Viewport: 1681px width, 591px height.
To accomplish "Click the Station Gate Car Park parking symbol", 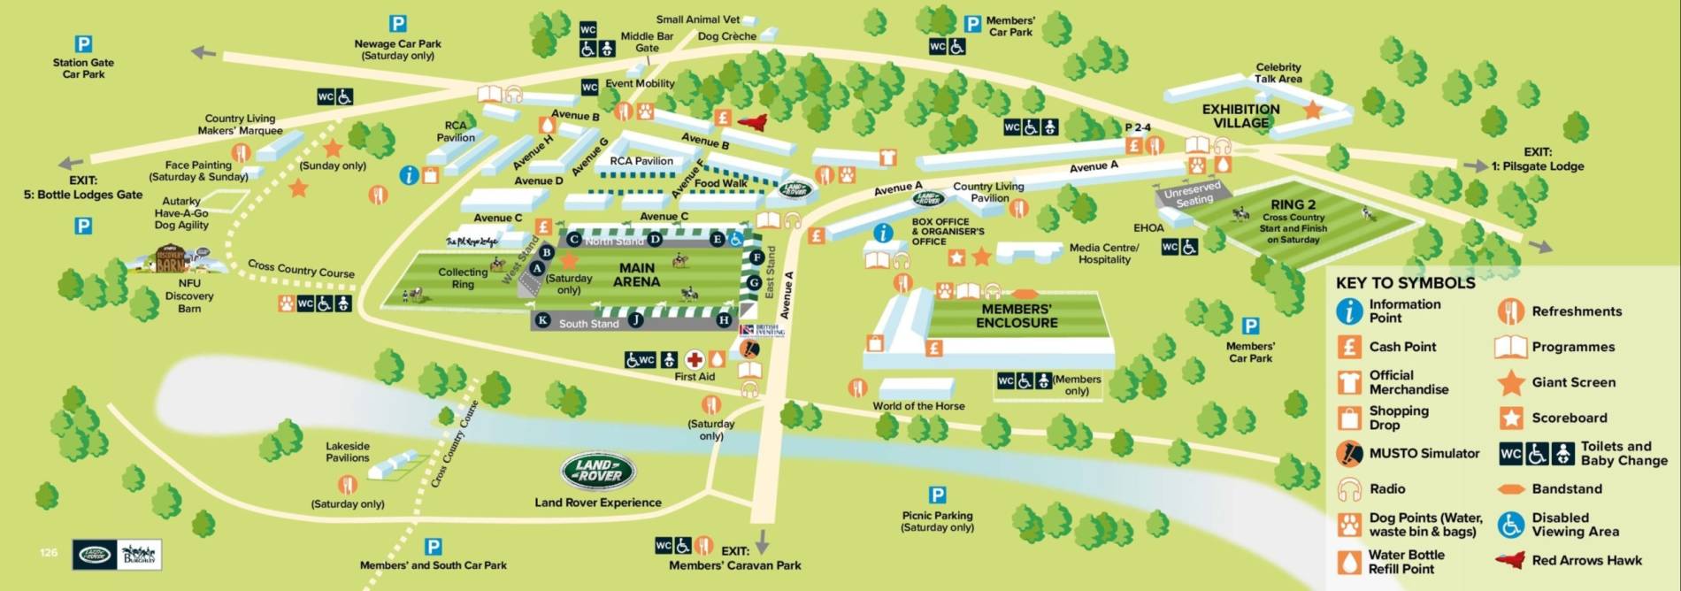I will click(x=83, y=43).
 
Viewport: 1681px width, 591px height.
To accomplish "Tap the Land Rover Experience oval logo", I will click(x=598, y=472).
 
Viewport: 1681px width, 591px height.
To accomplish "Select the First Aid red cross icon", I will click(x=695, y=359).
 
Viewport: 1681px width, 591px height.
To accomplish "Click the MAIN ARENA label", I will click(x=636, y=274).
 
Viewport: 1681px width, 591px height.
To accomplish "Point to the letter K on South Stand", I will click(x=543, y=320).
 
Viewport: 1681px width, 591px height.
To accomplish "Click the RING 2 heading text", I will click(x=1293, y=204).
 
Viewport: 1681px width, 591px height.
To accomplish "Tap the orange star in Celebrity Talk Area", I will click(x=1312, y=110).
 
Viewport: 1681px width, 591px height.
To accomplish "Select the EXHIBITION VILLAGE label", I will click(x=1240, y=116).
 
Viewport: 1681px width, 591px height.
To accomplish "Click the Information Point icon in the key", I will click(x=1348, y=311).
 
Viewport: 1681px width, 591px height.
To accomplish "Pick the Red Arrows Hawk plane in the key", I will click(x=1510, y=560).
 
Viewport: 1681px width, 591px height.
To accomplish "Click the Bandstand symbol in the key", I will click(x=1511, y=489).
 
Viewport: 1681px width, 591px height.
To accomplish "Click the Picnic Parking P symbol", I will click(x=937, y=495).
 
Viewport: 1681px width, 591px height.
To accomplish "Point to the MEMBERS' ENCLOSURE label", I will click(x=1017, y=316).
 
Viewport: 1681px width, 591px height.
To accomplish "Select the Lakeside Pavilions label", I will click(x=348, y=451).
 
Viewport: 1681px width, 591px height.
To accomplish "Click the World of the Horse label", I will click(x=918, y=406).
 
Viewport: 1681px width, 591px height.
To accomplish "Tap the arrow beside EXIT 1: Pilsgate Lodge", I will click(x=1475, y=165).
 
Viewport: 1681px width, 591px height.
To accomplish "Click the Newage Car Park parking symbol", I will click(x=398, y=24).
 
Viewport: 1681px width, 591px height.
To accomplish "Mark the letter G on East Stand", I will click(x=754, y=283).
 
